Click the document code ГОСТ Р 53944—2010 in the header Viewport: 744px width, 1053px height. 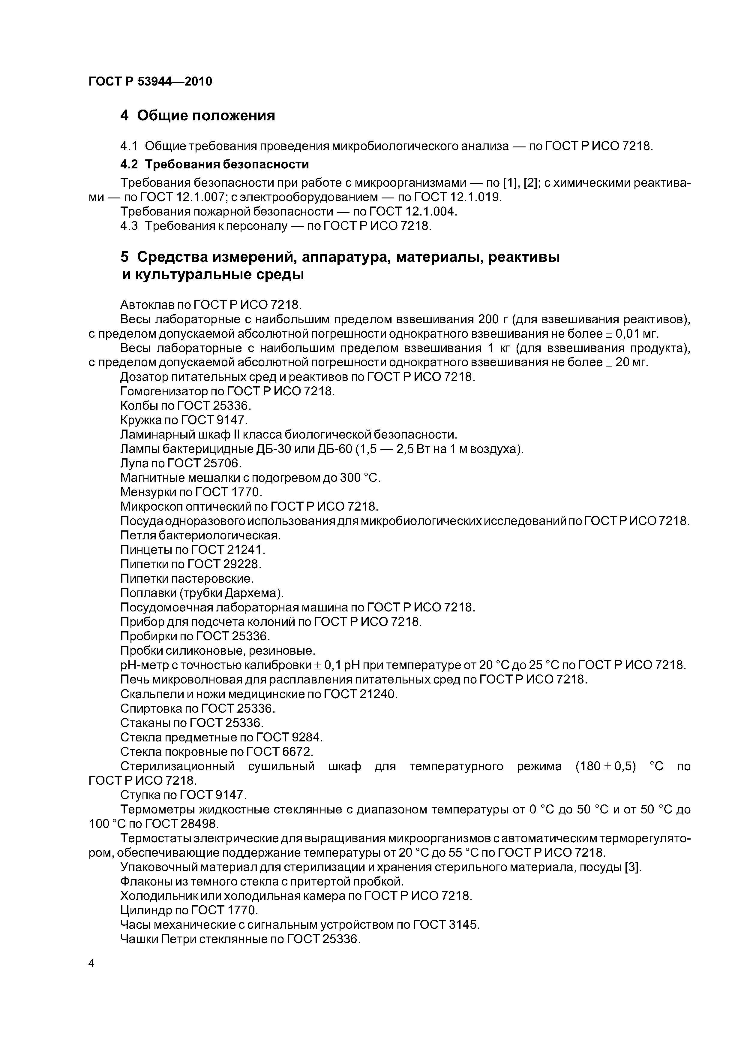click(x=150, y=82)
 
